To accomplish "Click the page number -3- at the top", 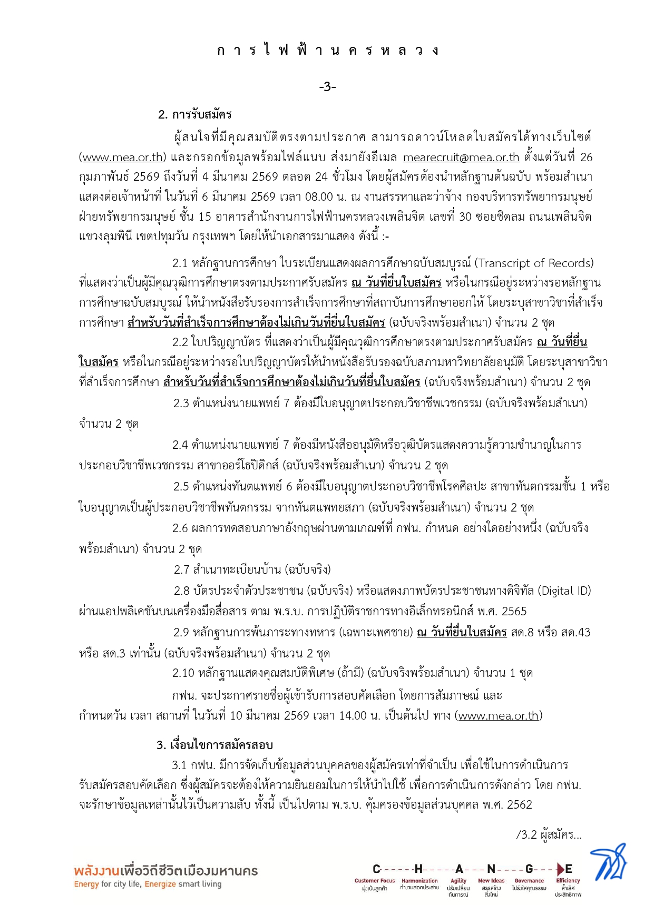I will point(327,87).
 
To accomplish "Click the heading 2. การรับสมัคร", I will point(194,114).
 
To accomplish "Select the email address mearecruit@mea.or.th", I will point(461,157).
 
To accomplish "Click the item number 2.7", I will point(181,569).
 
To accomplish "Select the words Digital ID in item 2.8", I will point(564,591).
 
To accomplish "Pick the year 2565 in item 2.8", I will point(514,611).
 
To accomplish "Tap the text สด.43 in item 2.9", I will point(577,632).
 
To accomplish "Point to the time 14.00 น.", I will point(362,715).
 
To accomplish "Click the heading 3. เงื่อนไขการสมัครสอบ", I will point(214,745).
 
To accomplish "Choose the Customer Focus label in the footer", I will point(374,881).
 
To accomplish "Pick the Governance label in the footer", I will point(529,881).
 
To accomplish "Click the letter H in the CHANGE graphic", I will point(418,869).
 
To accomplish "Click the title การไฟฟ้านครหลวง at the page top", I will point(327,51).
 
